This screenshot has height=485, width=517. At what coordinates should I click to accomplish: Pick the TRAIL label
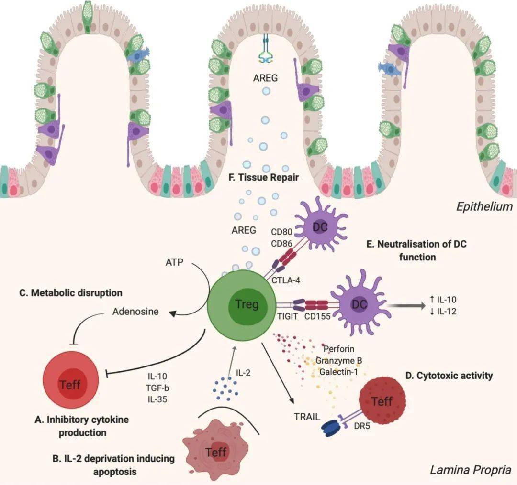(x=307, y=416)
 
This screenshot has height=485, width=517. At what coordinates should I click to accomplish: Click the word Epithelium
(x=484, y=206)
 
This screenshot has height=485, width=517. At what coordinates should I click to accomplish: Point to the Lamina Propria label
(x=471, y=470)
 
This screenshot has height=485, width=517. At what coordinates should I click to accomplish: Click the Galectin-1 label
(x=338, y=370)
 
